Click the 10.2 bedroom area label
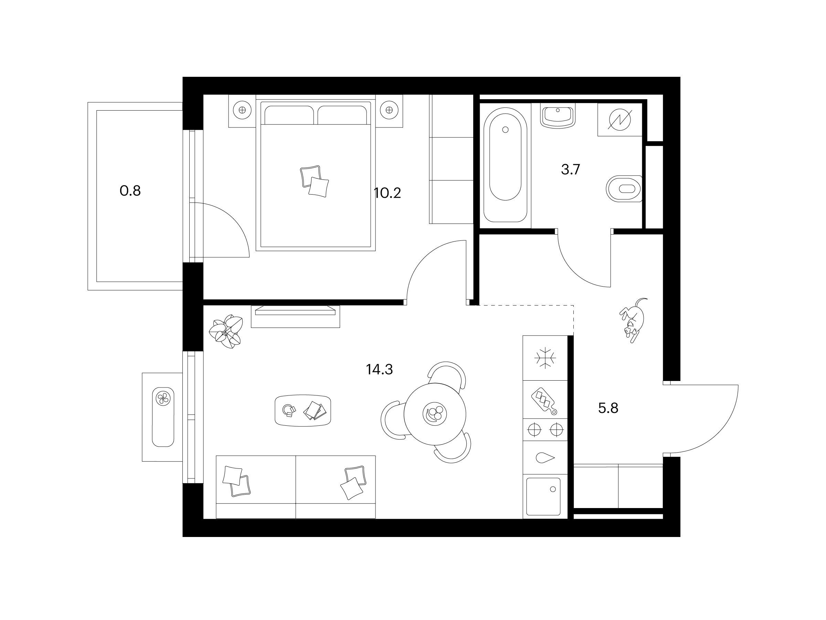point(387,193)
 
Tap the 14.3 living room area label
point(379,370)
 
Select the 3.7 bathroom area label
point(570,170)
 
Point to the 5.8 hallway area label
point(608,408)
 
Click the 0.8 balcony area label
point(130,191)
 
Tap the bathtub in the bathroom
point(505,165)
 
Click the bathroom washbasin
point(558,116)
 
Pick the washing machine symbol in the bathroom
point(620,120)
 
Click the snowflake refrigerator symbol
point(545,358)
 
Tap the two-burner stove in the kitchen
point(545,430)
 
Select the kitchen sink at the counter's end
point(543,497)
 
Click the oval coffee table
point(303,410)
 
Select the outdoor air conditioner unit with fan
point(163,417)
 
